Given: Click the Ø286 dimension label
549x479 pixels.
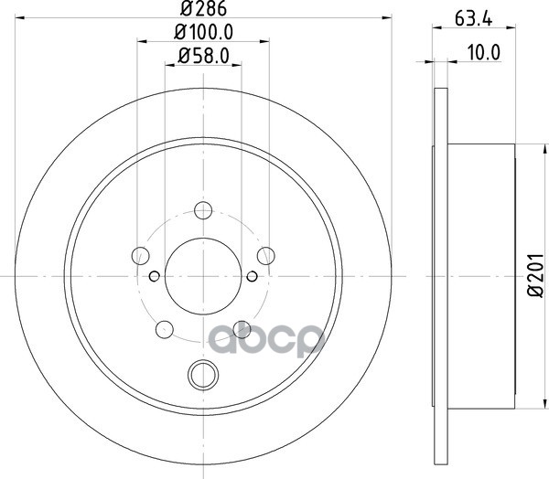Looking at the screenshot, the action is (203, 8).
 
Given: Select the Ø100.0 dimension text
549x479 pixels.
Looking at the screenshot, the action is (204, 33).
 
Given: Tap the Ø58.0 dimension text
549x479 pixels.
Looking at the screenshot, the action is (203, 56).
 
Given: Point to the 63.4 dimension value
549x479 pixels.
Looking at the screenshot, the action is (474, 18).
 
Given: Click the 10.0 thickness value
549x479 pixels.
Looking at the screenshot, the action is (484, 53).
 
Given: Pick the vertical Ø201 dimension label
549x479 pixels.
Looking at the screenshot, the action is (535, 276).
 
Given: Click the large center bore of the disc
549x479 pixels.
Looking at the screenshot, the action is (203, 276).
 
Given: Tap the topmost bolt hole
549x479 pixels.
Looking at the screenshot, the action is (203, 210).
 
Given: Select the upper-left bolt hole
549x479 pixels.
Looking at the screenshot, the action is (141, 255).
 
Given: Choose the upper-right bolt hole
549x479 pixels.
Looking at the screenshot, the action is (265, 255).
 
